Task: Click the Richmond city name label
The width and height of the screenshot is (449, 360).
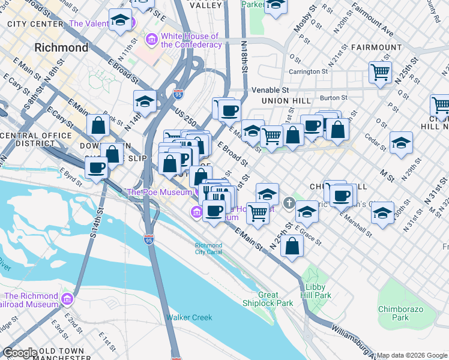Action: click(x=61, y=47)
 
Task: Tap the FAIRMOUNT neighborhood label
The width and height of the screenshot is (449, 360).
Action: click(x=376, y=47)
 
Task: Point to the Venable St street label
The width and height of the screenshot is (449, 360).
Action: click(x=266, y=89)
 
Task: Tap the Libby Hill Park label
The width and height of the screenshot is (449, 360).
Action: click(x=315, y=291)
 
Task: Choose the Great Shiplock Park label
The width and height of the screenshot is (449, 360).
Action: click(x=276, y=299)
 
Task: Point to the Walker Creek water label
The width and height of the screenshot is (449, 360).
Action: click(x=189, y=317)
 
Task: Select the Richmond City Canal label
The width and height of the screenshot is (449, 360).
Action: click(x=208, y=249)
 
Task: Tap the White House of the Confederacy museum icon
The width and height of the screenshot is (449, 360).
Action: click(x=152, y=40)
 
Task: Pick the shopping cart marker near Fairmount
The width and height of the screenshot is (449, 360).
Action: click(x=380, y=73)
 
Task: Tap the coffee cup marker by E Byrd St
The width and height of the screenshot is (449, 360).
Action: click(x=97, y=167)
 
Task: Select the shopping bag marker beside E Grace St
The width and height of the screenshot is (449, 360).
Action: click(x=292, y=246)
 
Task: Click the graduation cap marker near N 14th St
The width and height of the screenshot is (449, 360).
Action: click(x=145, y=101)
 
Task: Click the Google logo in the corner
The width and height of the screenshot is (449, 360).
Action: click(x=19, y=352)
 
